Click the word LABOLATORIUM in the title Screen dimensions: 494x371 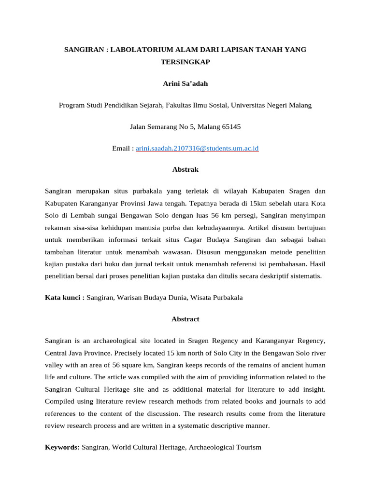136,50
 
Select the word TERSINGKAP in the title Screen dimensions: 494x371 185,62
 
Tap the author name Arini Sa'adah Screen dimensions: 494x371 185,83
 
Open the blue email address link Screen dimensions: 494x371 197,149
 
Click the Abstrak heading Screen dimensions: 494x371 185,170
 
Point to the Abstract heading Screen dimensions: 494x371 185,319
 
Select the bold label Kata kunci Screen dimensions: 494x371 64,298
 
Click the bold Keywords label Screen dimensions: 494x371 62,447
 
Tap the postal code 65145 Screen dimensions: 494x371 231,127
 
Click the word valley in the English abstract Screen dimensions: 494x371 54,365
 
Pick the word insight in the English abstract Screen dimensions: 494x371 314,389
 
